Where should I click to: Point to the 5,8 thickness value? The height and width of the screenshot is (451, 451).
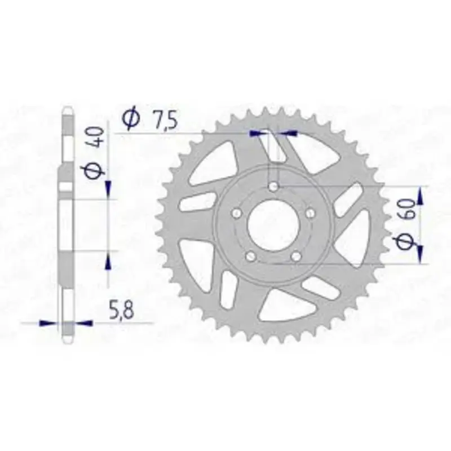tap(122, 308)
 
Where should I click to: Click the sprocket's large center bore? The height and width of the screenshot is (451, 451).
tap(273, 225)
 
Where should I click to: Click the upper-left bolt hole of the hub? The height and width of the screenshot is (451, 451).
tap(237, 213)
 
